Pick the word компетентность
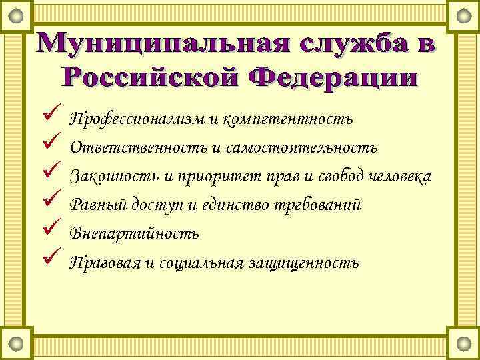tap(290, 119)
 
